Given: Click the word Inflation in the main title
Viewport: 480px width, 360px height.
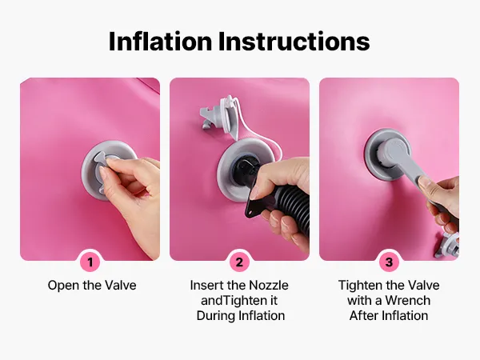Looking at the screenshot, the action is (160, 42).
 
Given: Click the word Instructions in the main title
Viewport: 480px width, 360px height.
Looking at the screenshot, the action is (294, 42).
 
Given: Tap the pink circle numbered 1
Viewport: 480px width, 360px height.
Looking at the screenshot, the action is (90, 262).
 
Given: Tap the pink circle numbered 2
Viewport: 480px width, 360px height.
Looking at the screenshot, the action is (239, 262).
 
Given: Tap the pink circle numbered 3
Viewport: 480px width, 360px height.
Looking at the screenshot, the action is (389, 262).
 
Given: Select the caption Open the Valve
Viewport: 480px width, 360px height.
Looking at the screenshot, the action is (92, 286).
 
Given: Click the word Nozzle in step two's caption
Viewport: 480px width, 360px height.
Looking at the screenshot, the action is (268, 286).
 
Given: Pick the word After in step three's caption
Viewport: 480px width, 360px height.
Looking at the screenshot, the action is (362, 316).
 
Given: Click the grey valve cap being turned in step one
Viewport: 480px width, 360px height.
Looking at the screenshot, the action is (104, 171).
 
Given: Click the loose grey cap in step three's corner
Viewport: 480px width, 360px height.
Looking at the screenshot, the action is (447, 246).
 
